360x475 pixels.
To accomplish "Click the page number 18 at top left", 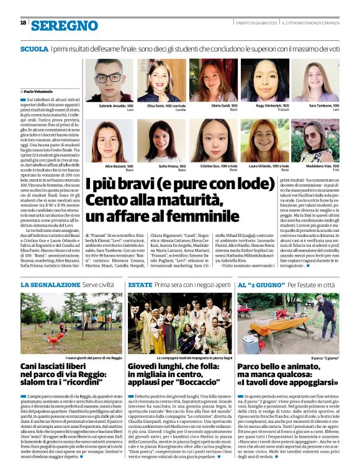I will click(x=23, y=23).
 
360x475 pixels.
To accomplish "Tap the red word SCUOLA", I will click(x=34, y=48).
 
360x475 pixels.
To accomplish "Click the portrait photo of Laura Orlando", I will click(x=265, y=141).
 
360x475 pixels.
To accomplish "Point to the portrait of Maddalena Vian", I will click(x=316, y=141).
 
